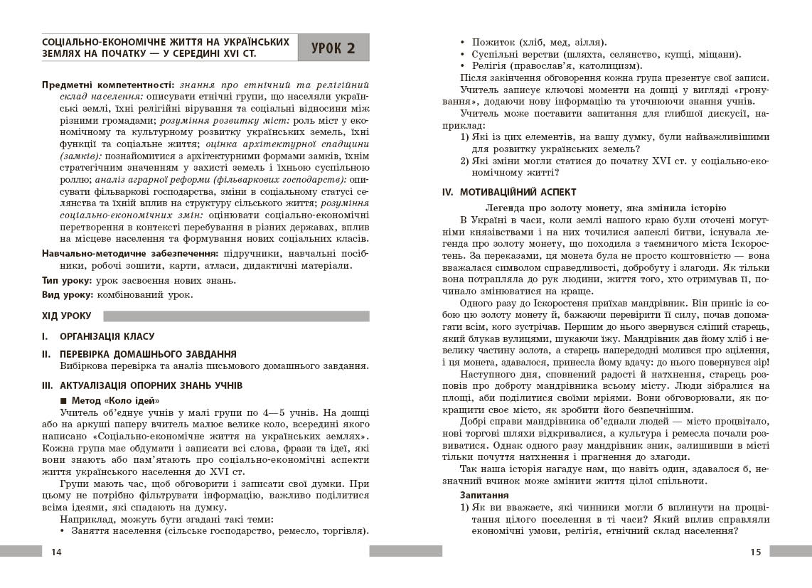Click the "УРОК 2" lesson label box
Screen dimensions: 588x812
coord(333,48)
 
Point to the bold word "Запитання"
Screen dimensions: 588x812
coord(483,494)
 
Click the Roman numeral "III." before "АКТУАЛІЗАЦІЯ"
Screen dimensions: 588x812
coord(48,385)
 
